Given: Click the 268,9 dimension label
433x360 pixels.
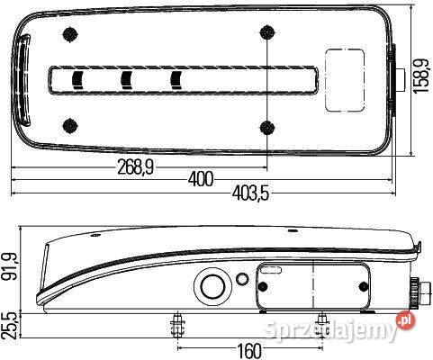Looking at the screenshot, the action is [x=135, y=167].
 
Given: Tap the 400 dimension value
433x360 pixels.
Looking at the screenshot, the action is [x=201, y=179].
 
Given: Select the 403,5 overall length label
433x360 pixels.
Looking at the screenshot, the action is [x=250, y=193].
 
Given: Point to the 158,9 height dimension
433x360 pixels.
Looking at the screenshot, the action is [x=421, y=76].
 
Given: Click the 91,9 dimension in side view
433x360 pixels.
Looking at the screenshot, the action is [x=10, y=266].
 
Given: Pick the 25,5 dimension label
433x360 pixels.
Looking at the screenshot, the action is [x=8, y=327].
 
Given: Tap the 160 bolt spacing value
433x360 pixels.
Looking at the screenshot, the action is [x=249, y=350].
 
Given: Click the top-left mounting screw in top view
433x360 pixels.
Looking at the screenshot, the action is [x=70, y=34].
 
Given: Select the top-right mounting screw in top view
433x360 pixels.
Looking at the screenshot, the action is [x=266, y=32].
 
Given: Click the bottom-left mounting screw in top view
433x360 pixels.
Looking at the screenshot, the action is [x=70, y=126].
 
